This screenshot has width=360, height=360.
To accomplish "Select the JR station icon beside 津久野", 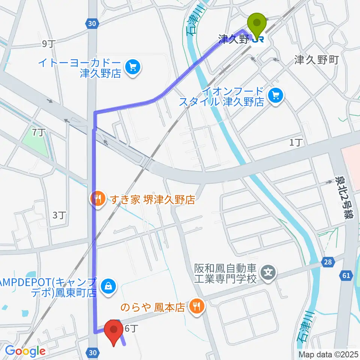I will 257,39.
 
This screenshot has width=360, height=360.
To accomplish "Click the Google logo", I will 25,351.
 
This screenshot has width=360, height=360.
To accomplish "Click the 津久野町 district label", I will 317,59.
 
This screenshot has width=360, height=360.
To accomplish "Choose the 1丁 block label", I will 296,142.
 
